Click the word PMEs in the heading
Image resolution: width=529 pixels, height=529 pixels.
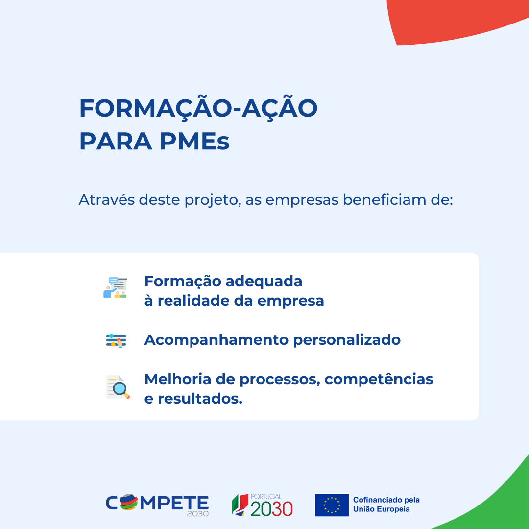tap(194, 141)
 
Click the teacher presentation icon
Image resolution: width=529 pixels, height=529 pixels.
tap(116, 288)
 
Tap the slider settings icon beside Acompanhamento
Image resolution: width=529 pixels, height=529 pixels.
tap(116, 340)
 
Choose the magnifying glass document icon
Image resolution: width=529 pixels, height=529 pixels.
tap(118, 387)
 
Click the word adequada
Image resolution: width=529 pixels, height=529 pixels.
tap(264, 281)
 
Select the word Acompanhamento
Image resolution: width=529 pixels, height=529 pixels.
tap(216, 340)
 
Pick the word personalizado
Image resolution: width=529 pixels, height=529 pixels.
tap(347, 340)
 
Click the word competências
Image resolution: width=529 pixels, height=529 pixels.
tap(379, 379)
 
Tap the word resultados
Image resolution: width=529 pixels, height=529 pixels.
tap(200, 399)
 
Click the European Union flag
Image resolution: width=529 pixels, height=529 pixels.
tap(332, 505)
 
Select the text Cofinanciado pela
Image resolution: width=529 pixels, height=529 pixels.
tap(386, 500)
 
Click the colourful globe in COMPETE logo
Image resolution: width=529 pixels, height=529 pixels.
tap(129, 503)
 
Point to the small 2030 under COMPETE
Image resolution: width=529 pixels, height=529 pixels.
tap(198, 513)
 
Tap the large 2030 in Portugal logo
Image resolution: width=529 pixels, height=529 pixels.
tap(271, 509)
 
